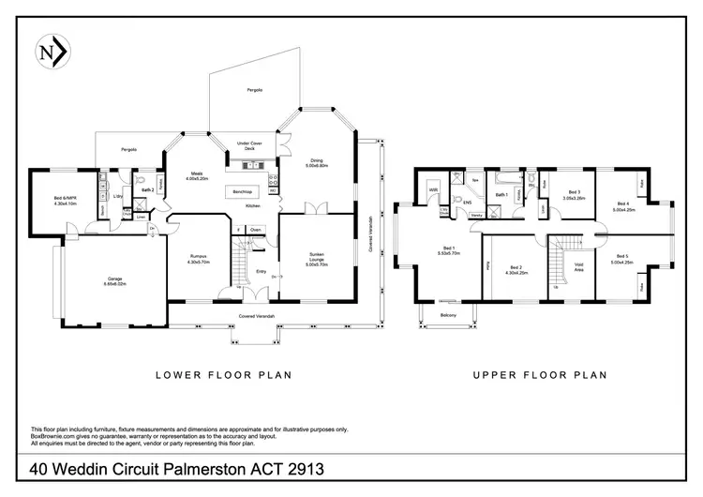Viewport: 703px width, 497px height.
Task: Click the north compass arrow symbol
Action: [50, 53]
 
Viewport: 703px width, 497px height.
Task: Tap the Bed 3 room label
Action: [574, 195]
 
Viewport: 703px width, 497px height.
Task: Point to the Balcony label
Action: [448, 315]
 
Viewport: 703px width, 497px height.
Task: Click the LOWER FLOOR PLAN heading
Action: [222, 375]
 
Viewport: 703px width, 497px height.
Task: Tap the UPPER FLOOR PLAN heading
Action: [539, 375]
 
